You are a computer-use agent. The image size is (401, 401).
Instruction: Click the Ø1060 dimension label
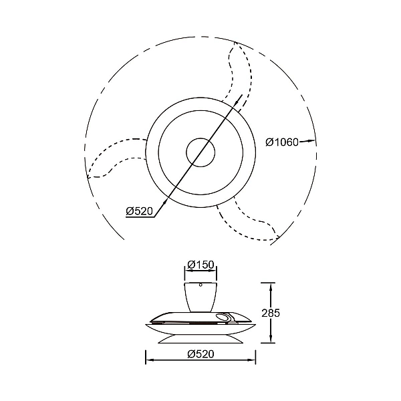[282, 142]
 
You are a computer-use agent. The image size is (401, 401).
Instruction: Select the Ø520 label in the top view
[140, 211]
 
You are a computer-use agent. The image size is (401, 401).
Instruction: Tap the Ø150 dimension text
[200, 265]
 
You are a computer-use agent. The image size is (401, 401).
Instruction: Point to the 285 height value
[271, 313]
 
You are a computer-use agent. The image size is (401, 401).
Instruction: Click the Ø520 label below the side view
[200, 354]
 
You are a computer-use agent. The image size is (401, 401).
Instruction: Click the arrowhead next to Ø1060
[311, 140]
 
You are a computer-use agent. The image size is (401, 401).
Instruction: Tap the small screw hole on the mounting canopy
[200, 285]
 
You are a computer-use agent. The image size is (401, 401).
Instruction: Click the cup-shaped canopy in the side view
[200, 297]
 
